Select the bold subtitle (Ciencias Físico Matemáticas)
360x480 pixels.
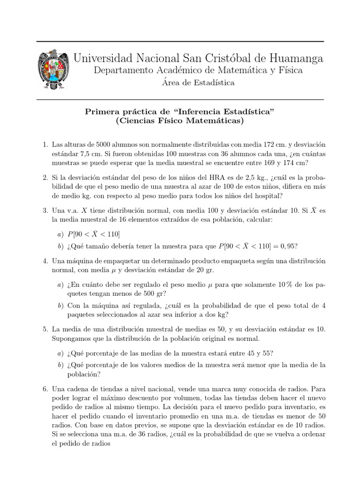point(180,121)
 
